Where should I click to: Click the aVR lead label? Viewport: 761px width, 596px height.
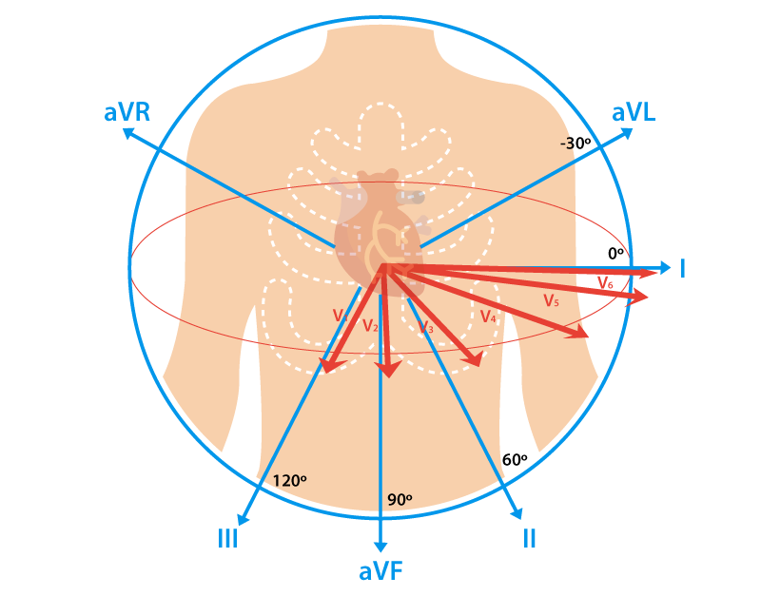click(x=127, y=113)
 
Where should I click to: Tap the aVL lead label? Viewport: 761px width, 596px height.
click(x=634, y=113)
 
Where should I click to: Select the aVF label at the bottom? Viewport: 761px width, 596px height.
click(x=380, y=572)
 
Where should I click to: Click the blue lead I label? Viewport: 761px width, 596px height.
click(x=682, y=269)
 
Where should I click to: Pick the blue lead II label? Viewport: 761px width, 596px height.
click(x=529, y=539)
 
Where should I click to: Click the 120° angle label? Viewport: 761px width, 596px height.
click(x=289, y=481)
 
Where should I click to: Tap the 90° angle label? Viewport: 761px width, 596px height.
click(x=400, y=499)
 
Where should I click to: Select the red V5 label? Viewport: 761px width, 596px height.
click(x=551, y=300)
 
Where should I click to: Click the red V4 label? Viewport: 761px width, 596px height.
click(x=487, y=317)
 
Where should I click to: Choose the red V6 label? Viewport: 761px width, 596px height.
click(x=605, y=282)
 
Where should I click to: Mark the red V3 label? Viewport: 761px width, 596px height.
click(x=426, y=328)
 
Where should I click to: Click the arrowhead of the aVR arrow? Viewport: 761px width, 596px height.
click(x=129, y=134)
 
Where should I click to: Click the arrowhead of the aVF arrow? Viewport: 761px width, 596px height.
click(x=380, y=546)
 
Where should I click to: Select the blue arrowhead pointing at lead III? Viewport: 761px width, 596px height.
click(x=243, y=519)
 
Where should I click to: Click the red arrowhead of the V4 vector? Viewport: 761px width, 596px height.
click(x=474, y=359)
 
